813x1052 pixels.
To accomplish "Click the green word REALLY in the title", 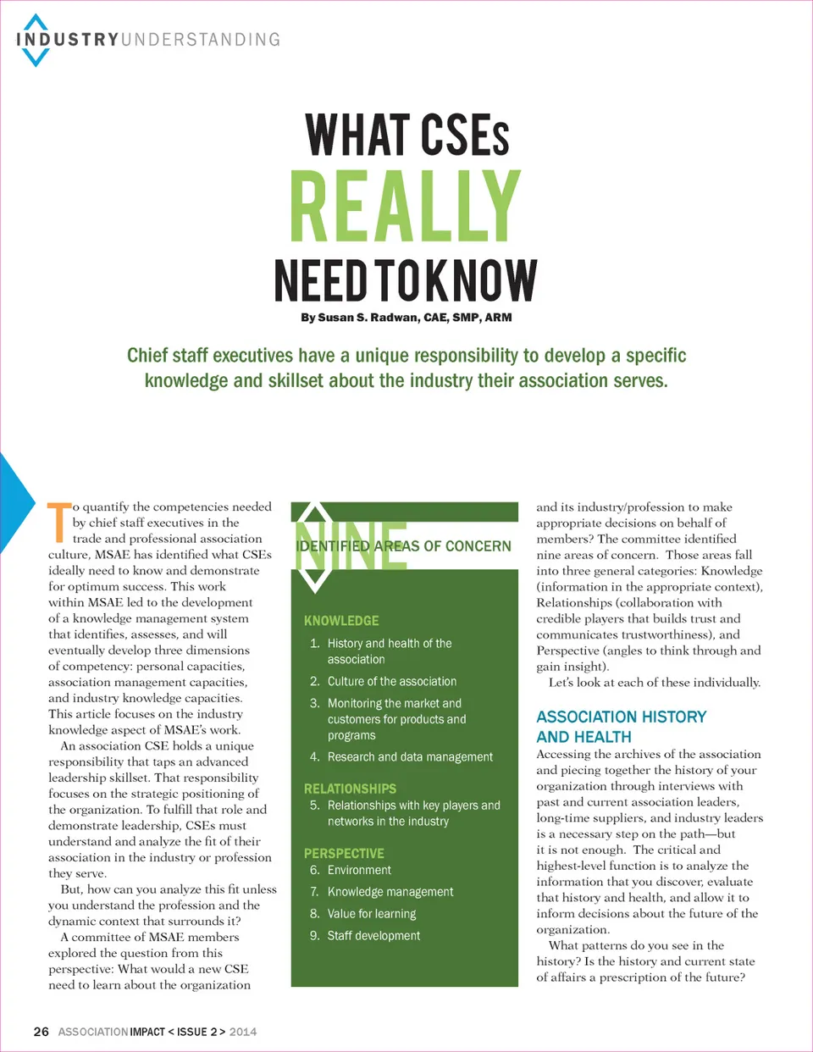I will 405,207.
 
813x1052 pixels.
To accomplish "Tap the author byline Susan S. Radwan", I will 406,318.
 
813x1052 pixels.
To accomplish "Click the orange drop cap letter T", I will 58,522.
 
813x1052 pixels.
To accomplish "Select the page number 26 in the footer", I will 41,1032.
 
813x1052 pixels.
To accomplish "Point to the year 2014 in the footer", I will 243,1032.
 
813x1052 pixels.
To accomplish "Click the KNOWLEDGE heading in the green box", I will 341,621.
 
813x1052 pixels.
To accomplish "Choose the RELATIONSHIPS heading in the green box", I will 350,789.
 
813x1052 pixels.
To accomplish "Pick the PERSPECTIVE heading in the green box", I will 344,854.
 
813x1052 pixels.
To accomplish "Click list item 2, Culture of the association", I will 391,681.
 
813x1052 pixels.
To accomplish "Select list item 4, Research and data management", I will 410,757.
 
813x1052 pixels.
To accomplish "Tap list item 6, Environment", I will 359,870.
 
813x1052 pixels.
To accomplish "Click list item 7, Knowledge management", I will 390,892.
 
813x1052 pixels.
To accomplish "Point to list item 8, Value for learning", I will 372,914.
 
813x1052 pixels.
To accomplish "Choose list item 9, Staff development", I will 373,936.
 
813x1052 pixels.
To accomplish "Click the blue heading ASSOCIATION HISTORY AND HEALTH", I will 621,727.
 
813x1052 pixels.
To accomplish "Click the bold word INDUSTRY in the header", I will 68,40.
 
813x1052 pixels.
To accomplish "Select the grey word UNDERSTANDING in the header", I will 201,40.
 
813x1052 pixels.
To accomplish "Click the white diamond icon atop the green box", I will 314,547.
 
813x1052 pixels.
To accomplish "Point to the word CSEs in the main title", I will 465,136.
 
